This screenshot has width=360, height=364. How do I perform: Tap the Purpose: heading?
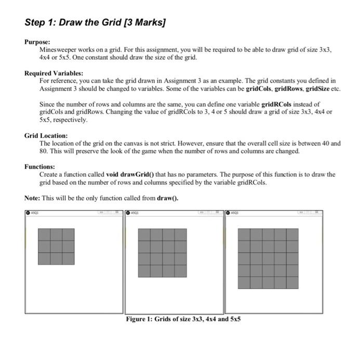37,41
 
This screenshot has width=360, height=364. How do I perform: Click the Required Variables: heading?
54,73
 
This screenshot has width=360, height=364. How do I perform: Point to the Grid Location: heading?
46,135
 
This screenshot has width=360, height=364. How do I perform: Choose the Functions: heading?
40,167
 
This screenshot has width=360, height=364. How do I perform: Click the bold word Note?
32,198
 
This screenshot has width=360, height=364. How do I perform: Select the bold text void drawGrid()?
130,175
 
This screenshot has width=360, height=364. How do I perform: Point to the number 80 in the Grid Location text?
45,151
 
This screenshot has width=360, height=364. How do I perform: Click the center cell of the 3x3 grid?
56,246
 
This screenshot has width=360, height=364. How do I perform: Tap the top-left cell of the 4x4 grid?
144,235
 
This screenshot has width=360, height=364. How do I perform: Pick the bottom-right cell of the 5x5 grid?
292,282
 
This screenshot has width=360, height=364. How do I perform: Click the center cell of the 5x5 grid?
268,258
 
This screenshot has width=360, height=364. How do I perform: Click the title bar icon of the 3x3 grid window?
28,213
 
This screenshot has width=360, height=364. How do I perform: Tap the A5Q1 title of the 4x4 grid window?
136,213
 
